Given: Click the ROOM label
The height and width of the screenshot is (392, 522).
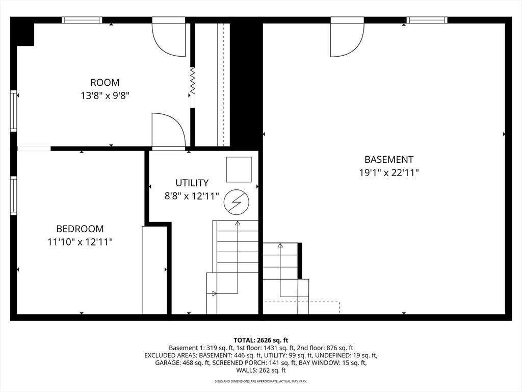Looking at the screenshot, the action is [105, 82].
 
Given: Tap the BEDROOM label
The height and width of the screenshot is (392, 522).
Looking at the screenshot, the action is [80, 229].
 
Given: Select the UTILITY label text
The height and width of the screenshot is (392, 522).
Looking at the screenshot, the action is [192, 183].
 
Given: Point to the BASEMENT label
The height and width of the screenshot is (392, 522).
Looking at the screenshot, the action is [389, 159].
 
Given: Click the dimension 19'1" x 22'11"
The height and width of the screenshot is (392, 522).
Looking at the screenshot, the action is [389, 173].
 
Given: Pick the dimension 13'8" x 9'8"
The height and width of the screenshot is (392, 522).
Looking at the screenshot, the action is [105, 95].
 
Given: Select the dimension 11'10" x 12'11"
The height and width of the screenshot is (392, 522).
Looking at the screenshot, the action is [80, 241].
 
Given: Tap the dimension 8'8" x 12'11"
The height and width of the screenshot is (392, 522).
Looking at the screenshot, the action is [192, 196].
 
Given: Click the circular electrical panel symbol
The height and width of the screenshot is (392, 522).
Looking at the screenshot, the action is [237, 202].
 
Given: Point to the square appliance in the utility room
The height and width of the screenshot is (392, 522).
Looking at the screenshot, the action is [239, 169].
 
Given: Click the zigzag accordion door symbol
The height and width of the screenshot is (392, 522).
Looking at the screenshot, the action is [192, 81].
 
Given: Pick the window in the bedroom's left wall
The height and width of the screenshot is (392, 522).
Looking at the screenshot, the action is [14, 195].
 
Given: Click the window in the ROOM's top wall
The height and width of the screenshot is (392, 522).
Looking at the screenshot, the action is [82, 20].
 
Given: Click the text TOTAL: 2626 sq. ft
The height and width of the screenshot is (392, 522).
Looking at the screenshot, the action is [260, 340].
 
